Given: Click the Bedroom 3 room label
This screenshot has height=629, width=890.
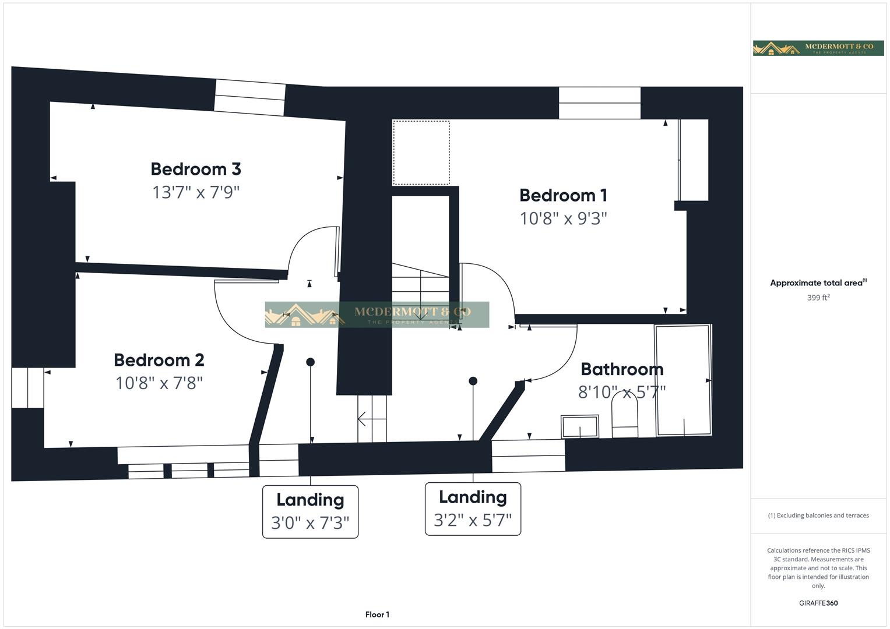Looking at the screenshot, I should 196,169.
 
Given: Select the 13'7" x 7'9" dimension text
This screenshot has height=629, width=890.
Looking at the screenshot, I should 196,192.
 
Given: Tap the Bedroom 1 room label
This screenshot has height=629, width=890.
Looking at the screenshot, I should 563,195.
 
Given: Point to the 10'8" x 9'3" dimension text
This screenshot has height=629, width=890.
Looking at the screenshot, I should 563,218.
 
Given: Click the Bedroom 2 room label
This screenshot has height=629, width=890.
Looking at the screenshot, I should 159,360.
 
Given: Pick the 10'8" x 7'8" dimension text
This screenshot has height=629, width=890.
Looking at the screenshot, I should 159,383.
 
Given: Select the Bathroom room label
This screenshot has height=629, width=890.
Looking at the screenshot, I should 622,369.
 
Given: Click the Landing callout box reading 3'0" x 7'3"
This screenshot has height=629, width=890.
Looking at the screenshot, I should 310,511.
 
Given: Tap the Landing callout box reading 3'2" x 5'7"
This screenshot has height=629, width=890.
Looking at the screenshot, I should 473,508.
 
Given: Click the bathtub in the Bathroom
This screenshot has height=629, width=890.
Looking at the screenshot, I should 683,380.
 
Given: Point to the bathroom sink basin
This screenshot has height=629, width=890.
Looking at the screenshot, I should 579,426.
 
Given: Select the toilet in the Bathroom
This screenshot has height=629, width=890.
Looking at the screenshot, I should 624,415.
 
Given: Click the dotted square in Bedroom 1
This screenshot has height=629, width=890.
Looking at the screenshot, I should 421,153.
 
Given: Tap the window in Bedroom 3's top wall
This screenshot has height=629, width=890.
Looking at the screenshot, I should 249,96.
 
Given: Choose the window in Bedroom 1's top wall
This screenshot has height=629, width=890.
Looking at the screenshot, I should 599,103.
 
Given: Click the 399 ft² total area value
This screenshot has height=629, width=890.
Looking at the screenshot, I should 818,298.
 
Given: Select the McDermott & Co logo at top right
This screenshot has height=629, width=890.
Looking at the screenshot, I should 818,48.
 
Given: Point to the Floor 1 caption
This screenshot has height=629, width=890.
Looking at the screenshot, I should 377,614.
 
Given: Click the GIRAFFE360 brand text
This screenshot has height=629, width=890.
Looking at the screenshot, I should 818,603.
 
